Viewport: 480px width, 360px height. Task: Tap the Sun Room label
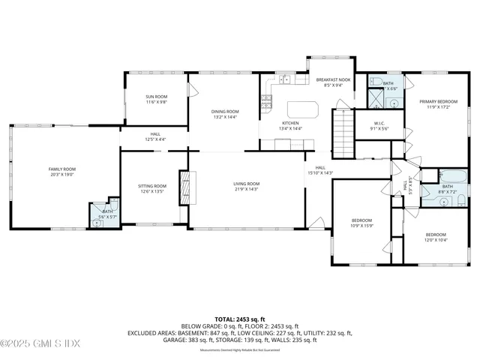(x=156, y=97)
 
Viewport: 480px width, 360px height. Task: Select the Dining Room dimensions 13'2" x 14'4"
(x=224, y=117)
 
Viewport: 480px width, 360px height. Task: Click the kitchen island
(x=302, y=109)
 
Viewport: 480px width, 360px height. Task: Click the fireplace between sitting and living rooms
(x=183, y=187)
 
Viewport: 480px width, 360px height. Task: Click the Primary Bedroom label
(x=439, y=100)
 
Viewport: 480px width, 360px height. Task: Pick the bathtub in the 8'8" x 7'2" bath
(x=454, y=177)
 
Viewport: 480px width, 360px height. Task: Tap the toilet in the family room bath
(x=97, y=223)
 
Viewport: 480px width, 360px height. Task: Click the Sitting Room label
(x=151, y=185)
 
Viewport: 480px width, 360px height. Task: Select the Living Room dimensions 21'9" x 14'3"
(x=246, y=189)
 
